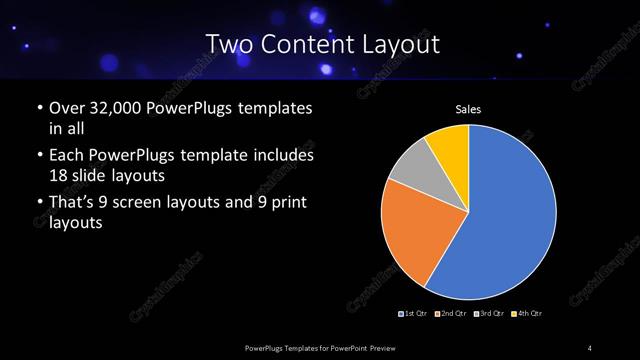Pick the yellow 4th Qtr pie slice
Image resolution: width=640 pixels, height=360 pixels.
pos(449,147)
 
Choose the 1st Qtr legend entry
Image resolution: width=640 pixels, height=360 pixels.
pos(415,314)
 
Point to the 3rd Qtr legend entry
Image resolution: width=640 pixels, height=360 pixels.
pos(489,314)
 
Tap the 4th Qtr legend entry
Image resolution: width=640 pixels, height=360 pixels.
pos(527,314)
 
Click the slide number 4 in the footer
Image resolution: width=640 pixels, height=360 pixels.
pos(590,348)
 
